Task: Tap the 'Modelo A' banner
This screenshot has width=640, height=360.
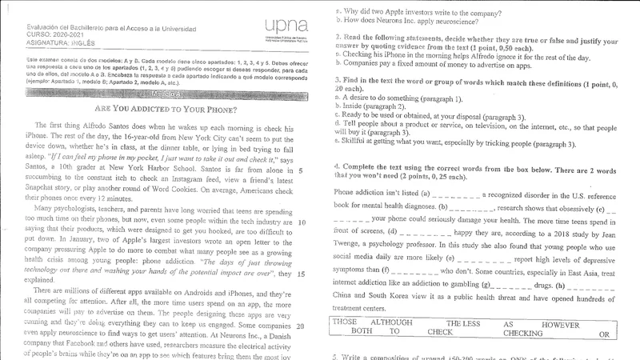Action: pyautogui.click(x=165, y=93)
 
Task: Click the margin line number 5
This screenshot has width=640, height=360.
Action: pyautogui.click(x=299, y=170)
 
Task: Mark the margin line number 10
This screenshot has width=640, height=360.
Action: pyautogui.click(x=301, y=222)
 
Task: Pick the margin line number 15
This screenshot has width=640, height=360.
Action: pyautogui.click(x=301, y=274)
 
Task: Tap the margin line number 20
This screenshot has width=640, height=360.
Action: pyautogui.click(x=301, y=326)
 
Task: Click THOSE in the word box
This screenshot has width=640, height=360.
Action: pyautogui.click(x=345, y=322)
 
